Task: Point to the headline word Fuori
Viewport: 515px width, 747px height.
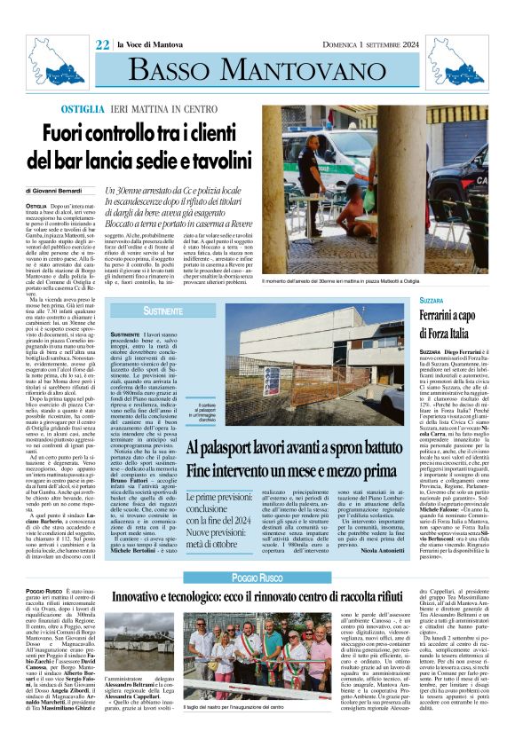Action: tap(64, 133)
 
